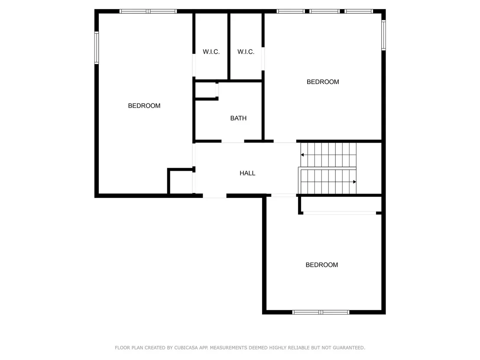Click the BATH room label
[238, 118]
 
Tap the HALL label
[247, 173]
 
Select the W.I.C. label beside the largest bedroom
[211, 52]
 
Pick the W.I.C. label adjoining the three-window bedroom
[246, 52]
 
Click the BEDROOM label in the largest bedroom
[144, 106]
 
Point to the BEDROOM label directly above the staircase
[323, 82]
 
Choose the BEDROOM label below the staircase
[322, 265]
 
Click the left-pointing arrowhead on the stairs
[302, 155]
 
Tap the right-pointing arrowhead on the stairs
[355, 182]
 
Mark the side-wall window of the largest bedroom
[97, 48]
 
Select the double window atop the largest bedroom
[148, 11]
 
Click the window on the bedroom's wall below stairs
[321, 312]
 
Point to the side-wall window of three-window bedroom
[383, 35]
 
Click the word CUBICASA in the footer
[186, 348]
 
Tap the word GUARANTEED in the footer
[349, 348]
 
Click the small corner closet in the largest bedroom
[181, 182]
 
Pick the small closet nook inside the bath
[206, 90]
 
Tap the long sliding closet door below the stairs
[340, 213]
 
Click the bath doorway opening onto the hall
[233, 141]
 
